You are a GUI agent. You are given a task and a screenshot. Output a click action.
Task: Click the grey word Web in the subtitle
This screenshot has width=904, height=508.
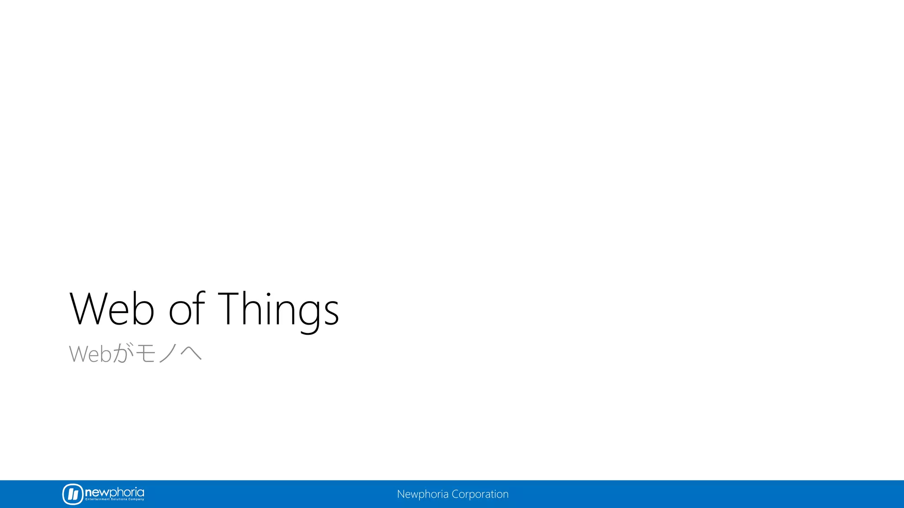(90, 354)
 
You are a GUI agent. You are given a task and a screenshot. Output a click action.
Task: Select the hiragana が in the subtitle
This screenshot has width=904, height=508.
(123, 354)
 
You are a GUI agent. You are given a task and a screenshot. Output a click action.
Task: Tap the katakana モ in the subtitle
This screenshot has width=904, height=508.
(145, 354)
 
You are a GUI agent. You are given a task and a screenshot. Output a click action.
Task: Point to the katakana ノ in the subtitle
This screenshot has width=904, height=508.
(168, 354)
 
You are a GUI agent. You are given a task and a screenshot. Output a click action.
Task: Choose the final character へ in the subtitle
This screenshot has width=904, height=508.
(191, 354)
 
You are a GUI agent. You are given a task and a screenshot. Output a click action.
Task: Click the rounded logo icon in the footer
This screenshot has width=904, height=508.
(73, 494)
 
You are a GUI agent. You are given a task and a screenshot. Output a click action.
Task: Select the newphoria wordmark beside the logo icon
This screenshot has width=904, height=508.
(114, 492)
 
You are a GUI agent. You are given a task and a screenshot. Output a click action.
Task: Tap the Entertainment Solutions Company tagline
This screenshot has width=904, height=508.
(115, 499)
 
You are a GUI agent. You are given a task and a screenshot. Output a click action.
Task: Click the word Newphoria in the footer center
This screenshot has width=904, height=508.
(422, 494)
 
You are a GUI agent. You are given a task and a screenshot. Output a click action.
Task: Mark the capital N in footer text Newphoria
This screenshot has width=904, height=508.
(400, 494)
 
